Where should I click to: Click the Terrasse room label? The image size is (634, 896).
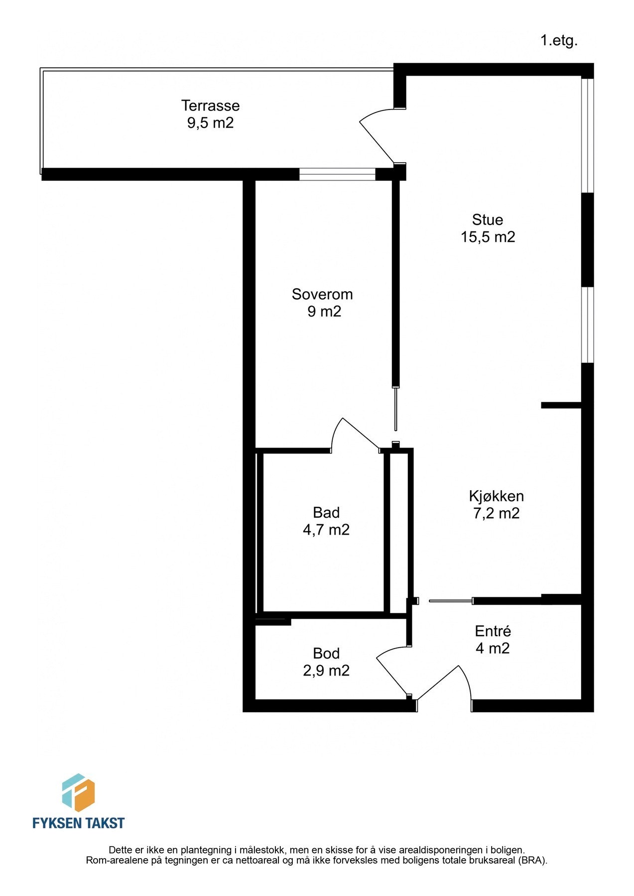[210, 106]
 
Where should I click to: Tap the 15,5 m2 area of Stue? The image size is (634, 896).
[488, 237]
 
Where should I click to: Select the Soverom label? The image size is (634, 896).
[322, 294]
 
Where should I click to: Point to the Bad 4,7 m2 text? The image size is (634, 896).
[326, 521]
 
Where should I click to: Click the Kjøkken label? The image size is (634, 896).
[496, 496]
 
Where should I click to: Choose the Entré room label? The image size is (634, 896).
[493, 631]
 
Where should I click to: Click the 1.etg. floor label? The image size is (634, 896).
[559, 41]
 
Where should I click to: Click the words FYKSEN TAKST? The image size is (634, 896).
[78, 823]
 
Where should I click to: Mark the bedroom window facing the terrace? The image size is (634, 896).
[337, 174]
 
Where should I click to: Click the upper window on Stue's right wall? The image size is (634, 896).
[588, 135]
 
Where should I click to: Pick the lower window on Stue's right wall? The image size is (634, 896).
[588, 325]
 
